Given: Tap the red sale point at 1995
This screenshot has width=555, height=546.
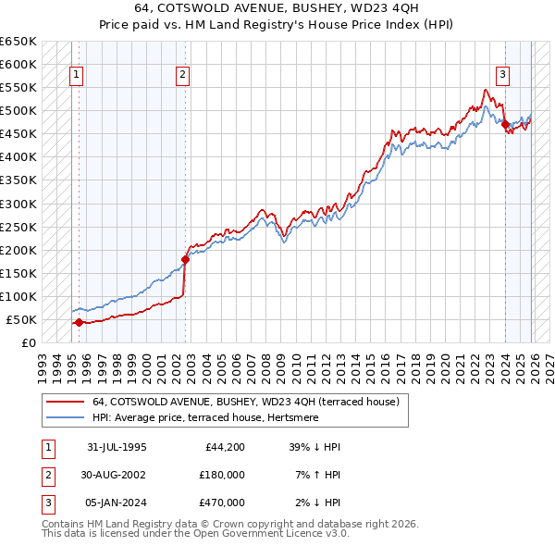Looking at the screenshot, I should [79, 322].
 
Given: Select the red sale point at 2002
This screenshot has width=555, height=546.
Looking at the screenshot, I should [186, 259].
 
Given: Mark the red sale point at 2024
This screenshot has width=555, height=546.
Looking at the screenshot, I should [506, 125].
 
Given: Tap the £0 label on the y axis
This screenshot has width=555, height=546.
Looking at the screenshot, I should [27, 342].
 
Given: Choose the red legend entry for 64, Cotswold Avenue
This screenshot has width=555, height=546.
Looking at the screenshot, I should [245, 402].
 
